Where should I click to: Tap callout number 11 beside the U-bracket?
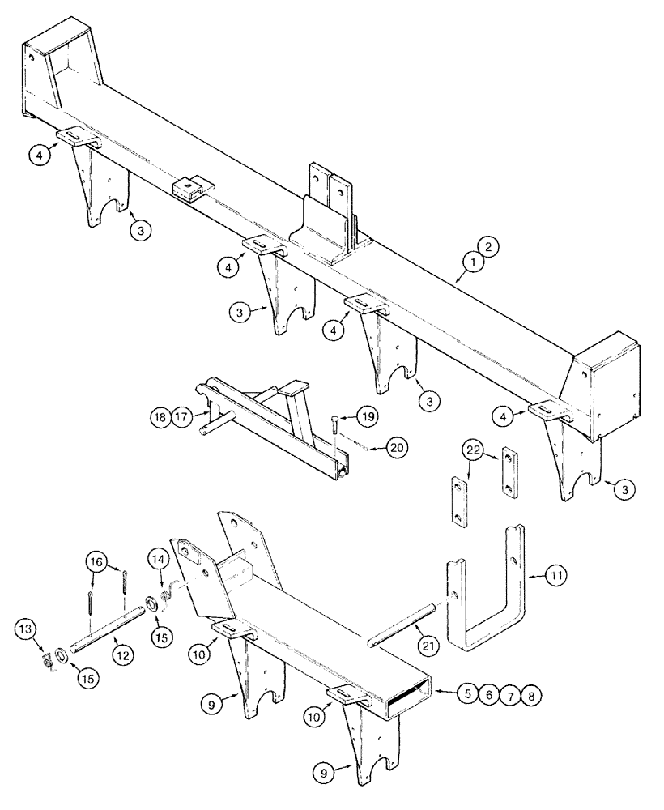point(556,576)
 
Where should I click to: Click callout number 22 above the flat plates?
point(474,450)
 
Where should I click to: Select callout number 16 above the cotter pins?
point(96,561)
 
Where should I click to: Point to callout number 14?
point(157,559)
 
